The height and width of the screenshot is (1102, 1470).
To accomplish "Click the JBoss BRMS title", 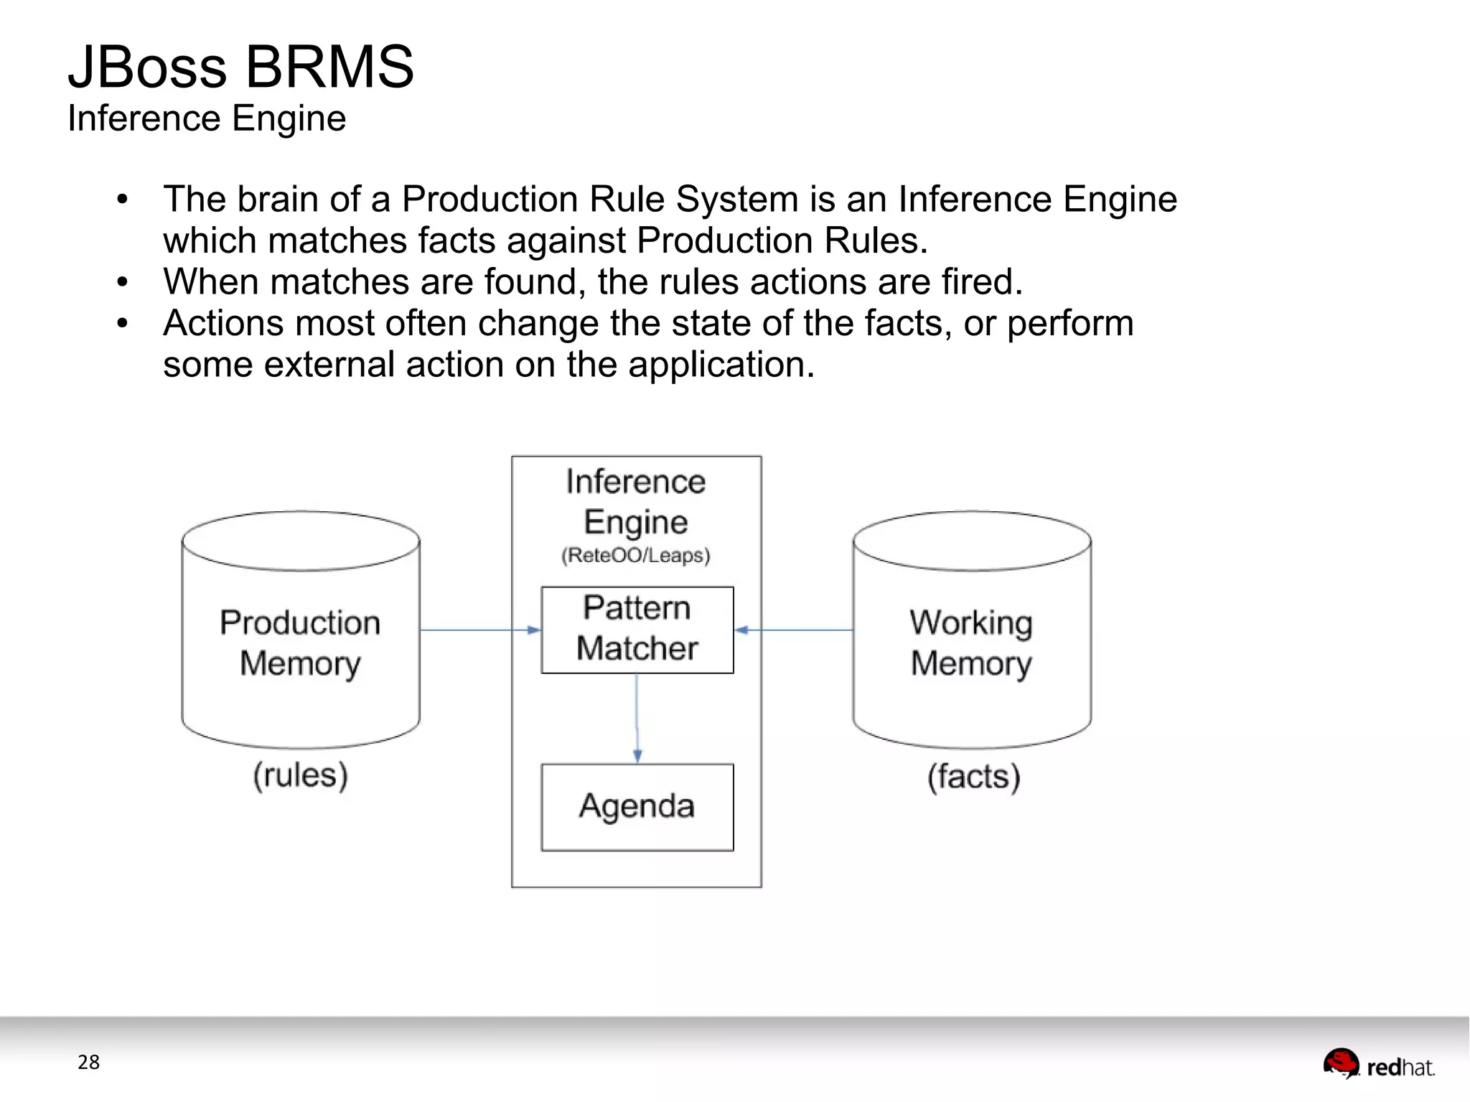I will point(240,67).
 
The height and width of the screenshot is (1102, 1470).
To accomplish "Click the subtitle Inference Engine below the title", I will point(207,118).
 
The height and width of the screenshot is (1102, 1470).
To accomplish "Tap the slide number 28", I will point(88,1062).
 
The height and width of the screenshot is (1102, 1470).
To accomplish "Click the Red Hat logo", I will point(1379,1065).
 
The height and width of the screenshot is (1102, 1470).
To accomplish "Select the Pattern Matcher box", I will point(637,629).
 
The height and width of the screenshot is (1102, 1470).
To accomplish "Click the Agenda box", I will point(637,806).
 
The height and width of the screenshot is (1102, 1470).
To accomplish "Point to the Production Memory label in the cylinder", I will point(300,643).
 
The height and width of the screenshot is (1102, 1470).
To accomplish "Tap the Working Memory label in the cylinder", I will point(971,643).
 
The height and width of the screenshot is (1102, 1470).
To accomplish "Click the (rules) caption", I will point(300,775).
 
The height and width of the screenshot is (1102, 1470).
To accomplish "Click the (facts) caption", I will point(973,777).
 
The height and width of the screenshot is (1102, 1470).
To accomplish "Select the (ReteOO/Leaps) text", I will point(635,555).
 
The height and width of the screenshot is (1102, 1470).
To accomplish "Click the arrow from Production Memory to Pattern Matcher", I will point(479,630).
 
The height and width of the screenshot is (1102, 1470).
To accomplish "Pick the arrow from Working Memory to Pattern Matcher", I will point(794,630).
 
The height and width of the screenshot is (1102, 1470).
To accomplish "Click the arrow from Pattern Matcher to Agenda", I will point(637,718).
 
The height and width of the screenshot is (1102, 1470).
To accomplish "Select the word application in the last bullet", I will point(721,365).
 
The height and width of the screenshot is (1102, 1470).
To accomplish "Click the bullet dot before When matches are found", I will point(123,282).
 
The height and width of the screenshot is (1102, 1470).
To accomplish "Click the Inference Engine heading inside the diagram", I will point(635,501).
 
